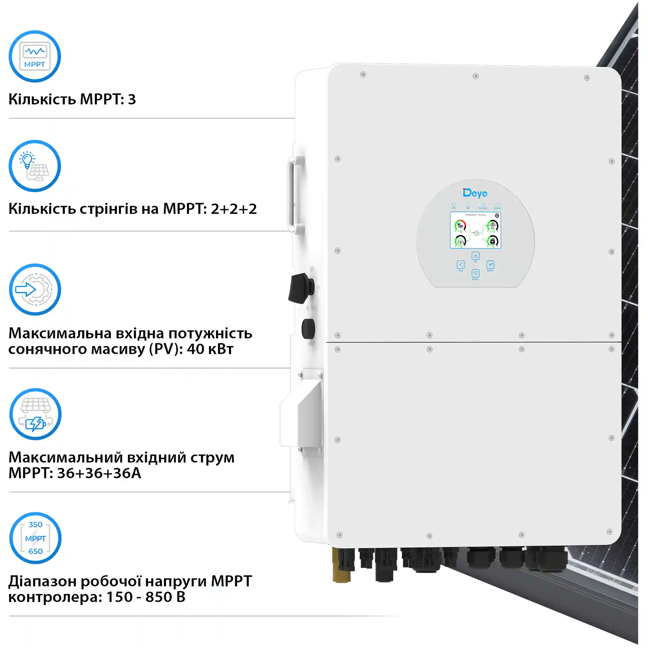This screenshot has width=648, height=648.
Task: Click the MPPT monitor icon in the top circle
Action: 35,56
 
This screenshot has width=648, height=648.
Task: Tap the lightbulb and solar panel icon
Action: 35,166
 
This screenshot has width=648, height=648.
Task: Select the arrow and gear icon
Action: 35,289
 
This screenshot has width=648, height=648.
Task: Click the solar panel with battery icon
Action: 35,414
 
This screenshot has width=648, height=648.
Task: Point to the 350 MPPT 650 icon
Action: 35,538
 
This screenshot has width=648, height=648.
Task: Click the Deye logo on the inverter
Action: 475,193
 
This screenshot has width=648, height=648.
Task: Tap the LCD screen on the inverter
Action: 475,230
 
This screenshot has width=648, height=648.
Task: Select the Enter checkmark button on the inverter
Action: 490,264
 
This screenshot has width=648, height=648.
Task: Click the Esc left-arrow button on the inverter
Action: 460,264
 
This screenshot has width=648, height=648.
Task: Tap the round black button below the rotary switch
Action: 308,328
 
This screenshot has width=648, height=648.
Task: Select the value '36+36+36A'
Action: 99,473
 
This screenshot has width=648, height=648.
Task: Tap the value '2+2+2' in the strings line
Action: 233,209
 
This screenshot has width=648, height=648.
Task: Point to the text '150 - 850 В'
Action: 145,597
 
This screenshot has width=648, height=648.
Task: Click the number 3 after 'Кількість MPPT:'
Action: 132,99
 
